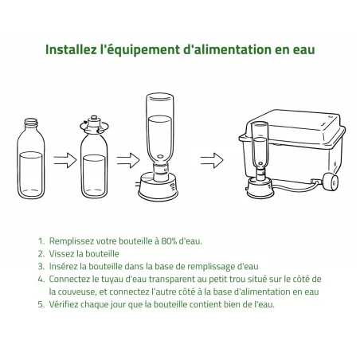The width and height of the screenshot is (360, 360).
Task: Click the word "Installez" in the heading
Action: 69,49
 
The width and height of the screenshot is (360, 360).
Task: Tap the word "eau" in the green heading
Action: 303,49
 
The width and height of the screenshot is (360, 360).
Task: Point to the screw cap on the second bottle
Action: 93,123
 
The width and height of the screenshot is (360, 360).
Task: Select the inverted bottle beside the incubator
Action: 260,151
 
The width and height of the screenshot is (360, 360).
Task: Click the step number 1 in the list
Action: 40,240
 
